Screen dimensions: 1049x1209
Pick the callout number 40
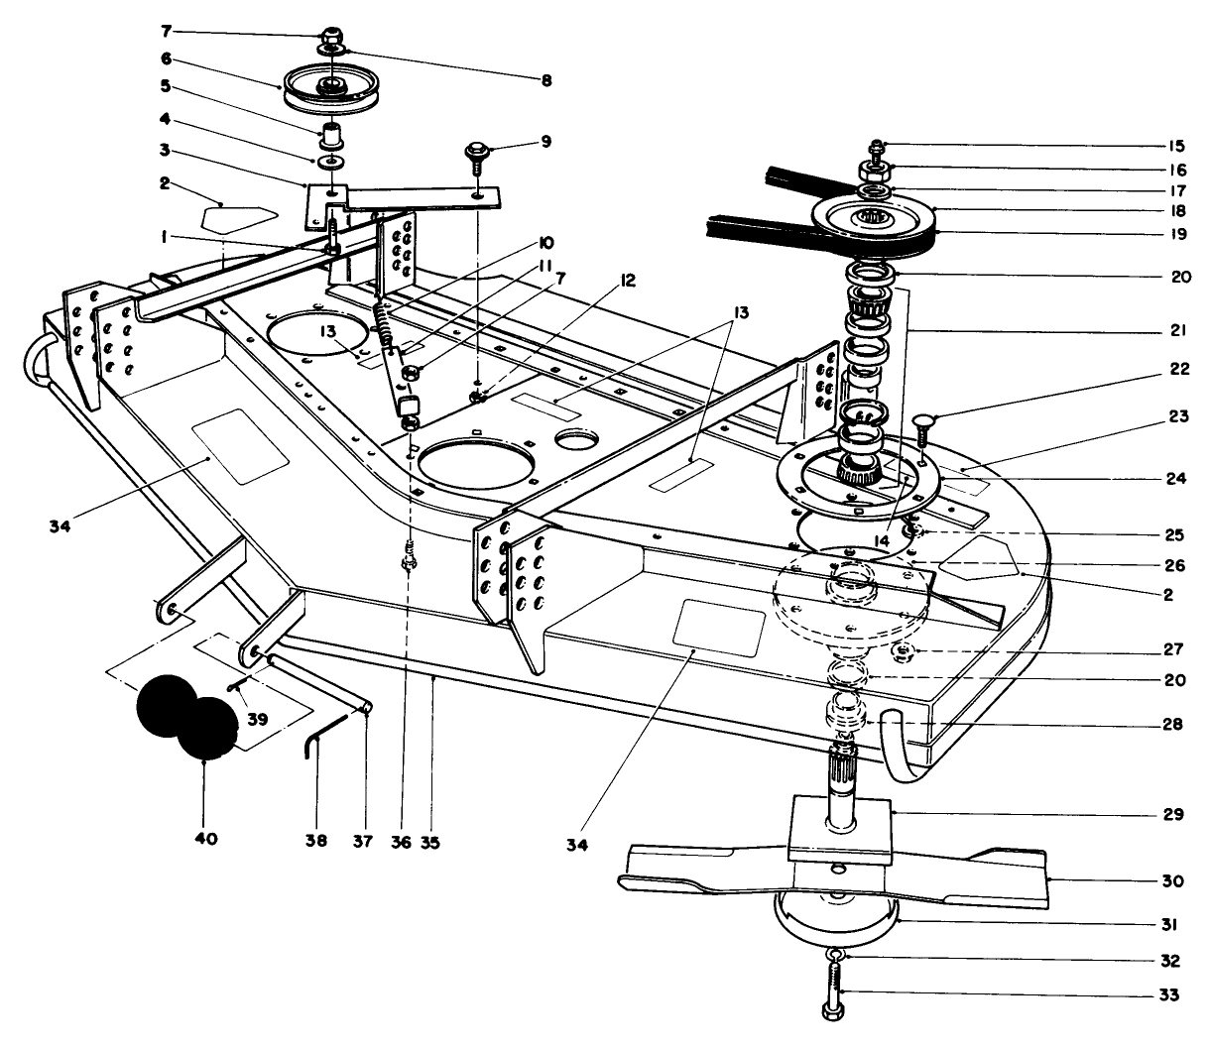(205, 839)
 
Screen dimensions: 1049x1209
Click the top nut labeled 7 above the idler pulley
(330, 33)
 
